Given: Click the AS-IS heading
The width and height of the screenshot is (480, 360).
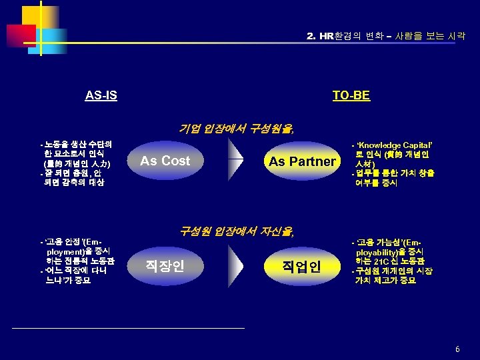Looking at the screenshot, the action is click(x=101, y=95).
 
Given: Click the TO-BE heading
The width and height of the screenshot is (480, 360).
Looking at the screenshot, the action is click(x=351, y=95).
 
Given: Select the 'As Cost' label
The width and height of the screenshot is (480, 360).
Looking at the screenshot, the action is click(x=165, y=161).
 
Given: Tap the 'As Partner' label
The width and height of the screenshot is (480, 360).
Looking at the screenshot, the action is click(x=302, y=161).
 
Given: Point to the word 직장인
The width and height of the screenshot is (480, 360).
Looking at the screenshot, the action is click(x=165, y=266).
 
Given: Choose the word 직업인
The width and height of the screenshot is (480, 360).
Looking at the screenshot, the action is click(x=301, y=267).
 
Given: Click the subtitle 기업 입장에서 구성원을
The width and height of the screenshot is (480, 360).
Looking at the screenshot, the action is click(x=237, y=129).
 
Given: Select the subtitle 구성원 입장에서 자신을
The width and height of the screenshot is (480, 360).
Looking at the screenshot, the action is click(x=237, y=231).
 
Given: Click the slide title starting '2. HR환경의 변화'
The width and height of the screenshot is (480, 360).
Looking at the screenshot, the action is click(x=385, y=35).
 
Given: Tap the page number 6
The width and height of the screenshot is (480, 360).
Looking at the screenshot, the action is click(x=457, y=349).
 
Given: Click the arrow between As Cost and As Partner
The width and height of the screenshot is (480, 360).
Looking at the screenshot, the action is click(x=235, y=161).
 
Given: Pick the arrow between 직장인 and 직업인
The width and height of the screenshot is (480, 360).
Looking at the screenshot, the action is click(x=235, y=266).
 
